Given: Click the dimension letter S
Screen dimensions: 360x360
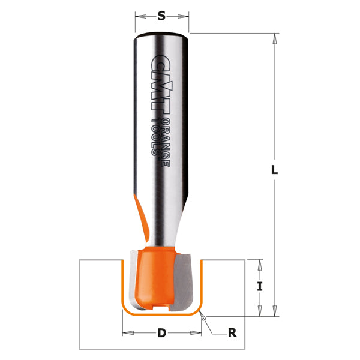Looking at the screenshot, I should coord(161,16).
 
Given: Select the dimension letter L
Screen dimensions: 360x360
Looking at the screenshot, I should coord(275,170).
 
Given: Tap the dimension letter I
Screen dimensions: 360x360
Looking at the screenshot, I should coord(260,287).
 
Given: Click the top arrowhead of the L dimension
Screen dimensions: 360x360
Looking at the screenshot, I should coord(275,38).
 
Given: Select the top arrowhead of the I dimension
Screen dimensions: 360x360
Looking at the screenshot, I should coord(260,263).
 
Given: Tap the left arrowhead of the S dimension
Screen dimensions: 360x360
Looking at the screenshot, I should coord(139,16).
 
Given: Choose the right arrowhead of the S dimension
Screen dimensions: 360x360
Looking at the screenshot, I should coord(185,16).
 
